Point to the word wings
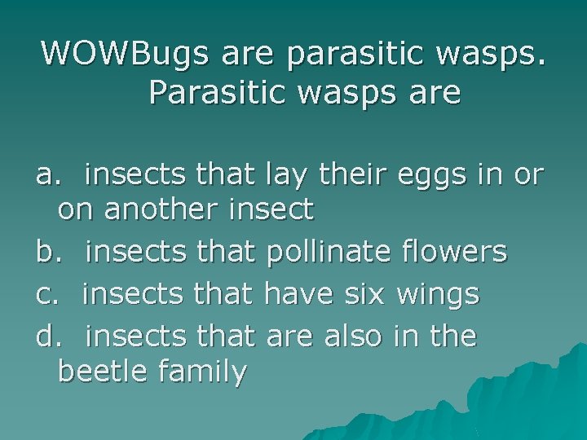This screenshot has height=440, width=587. click(439, 293)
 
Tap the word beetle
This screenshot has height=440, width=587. click(102, 372)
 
